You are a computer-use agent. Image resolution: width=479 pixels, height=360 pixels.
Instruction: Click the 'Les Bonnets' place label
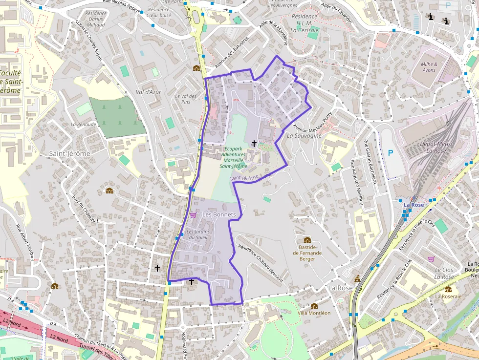[219, 215]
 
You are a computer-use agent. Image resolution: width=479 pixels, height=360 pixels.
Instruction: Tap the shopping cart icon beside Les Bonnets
[193, 215]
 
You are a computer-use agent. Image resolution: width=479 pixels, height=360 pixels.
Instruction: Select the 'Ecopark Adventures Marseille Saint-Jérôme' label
[233, 157]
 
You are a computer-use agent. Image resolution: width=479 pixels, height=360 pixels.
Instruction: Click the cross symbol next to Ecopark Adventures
[254, 143]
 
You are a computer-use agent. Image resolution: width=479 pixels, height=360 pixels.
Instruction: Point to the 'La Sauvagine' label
[304, 136]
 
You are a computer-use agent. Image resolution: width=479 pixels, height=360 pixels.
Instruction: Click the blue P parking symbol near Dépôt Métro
[390, 153]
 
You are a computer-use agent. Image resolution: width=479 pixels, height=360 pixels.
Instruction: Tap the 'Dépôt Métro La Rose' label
[436, 147]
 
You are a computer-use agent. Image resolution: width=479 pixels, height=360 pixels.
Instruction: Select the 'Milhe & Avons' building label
[429, 67]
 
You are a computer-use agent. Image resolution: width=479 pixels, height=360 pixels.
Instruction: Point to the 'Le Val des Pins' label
[186, 99]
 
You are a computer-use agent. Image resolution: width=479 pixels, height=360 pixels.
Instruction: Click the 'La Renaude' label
[83, 125]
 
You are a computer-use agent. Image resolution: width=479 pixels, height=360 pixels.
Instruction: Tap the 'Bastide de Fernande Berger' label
[307, 253]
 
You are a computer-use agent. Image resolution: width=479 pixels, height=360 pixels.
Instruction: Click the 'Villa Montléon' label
[314, 313]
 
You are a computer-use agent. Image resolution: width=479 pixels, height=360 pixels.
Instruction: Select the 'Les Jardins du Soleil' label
[197, 234]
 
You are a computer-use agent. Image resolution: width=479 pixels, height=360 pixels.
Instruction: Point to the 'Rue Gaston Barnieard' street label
[370, 162]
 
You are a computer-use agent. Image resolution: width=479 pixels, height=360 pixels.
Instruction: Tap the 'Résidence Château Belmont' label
[260, 263]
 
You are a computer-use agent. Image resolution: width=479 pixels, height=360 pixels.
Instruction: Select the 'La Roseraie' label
[448, 296]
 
